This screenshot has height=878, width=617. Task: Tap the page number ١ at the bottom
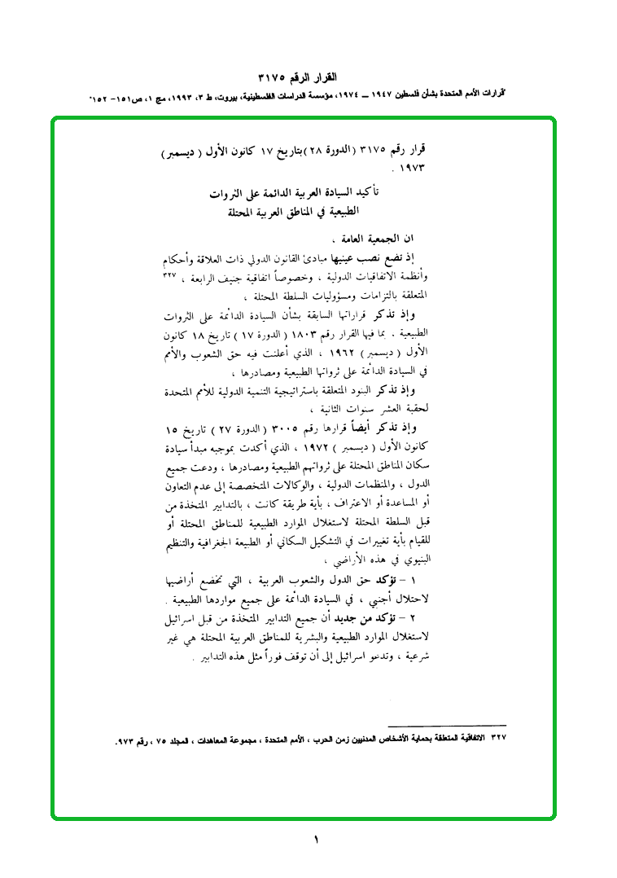[315, 840]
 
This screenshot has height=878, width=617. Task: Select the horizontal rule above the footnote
[447, 725]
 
